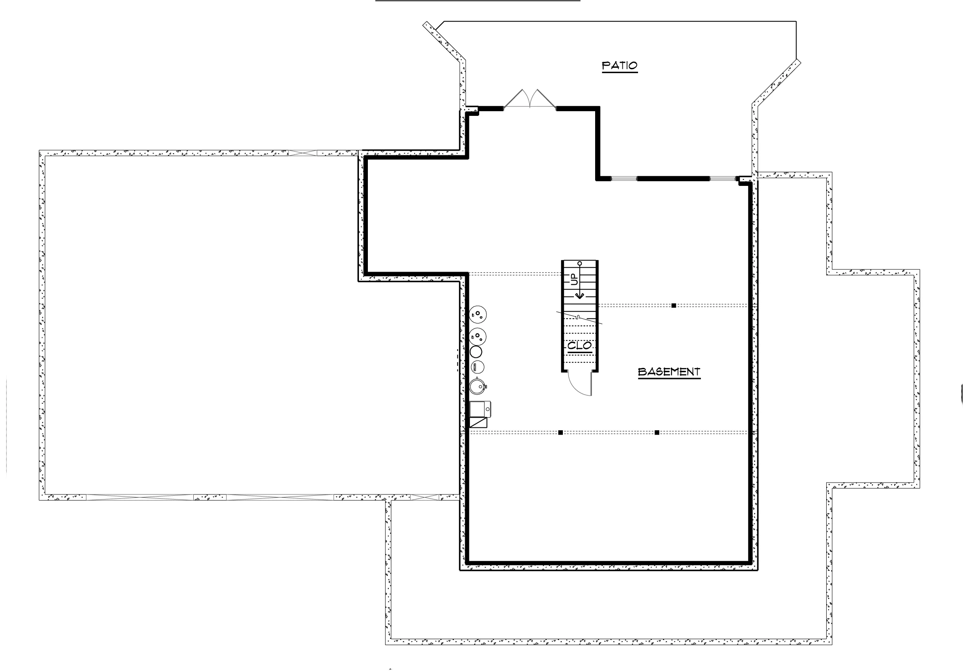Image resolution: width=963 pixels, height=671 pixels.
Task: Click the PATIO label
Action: (620, 66)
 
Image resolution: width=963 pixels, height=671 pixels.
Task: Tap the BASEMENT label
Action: (669, 372)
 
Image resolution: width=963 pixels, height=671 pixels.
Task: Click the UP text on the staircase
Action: (574, 279)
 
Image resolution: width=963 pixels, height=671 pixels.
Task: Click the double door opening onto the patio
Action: (530, 100)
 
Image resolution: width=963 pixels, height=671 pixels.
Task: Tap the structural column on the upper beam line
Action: (674, 306)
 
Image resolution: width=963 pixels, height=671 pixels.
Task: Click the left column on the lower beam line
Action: (560, 432)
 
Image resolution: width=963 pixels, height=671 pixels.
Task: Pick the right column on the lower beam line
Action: (657, 432)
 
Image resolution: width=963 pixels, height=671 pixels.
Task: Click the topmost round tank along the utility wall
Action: (478, 315)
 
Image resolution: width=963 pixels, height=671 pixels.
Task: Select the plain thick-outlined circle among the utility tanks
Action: (476, 352)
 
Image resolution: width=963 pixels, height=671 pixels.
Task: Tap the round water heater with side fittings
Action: (477, 386)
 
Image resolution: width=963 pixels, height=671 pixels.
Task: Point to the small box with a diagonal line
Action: (478, 423)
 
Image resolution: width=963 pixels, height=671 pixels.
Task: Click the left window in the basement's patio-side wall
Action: (624, 179)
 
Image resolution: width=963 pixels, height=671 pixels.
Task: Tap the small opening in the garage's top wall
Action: (302, 153)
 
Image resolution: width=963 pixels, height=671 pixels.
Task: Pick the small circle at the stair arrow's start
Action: (580, 264)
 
